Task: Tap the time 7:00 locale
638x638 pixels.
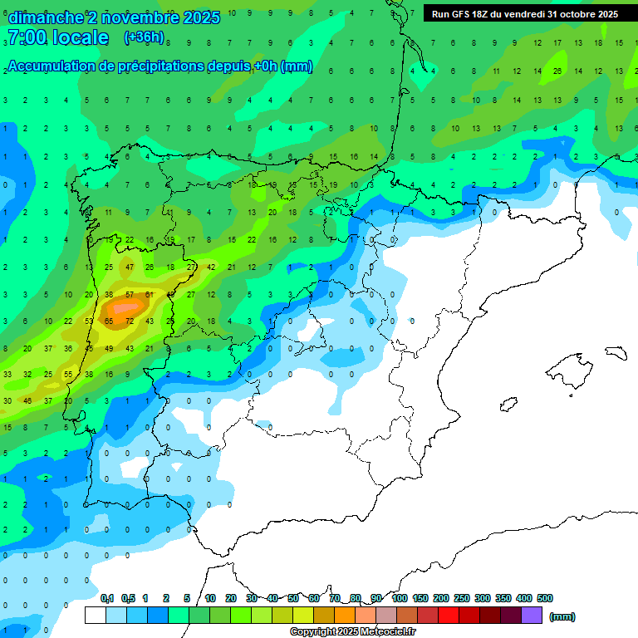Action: click(57, 37)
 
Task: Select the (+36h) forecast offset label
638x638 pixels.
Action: click(144, 37)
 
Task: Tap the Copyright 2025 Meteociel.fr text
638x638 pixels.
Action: click(353, 632)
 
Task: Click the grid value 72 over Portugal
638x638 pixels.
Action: click(129, 321)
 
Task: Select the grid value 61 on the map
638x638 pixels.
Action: click(150, 294)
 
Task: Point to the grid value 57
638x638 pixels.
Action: click(129, 294)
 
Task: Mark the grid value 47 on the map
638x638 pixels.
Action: click(129, 267)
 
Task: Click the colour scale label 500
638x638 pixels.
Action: click(545, 598)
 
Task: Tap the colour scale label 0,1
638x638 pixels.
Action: click(107, 598)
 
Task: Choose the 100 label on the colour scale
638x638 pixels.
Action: click(400, 598)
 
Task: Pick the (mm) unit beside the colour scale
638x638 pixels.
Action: click(562, 616)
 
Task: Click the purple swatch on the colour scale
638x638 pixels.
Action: click(532, 616)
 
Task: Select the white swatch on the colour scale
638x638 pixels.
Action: click(96, 616)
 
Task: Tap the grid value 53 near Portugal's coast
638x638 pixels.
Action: click(89, 321)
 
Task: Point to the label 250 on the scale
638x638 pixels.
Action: click(462, 598)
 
